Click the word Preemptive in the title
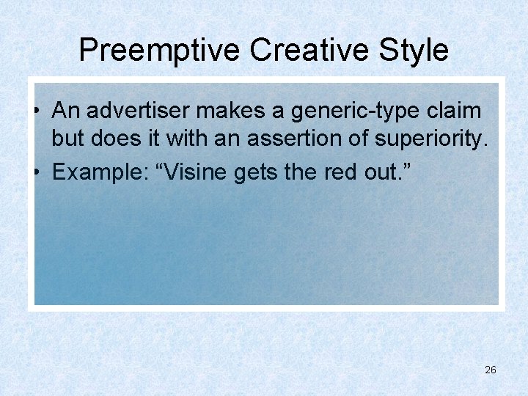[160, 51]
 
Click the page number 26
[491, 370]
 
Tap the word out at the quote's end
[378, 173]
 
